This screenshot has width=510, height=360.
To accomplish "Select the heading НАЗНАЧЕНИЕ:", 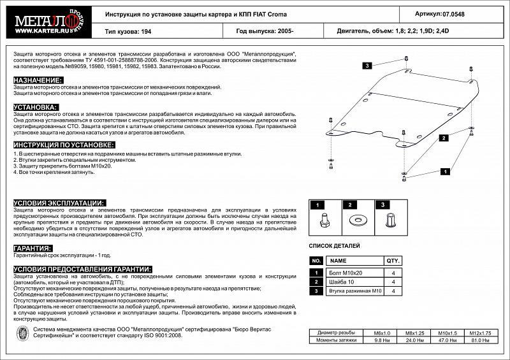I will [x=38, y=80].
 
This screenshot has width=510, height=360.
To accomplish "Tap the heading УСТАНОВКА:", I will [x=36, y=107].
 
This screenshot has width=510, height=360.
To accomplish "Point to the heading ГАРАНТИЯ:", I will [x=33, y=248].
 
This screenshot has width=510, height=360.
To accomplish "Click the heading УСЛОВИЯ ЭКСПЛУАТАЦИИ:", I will [x=58, y=202].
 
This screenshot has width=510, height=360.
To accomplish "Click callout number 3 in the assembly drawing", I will [x=368, y=66].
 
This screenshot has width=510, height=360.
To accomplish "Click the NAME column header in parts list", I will [x=339, y=261].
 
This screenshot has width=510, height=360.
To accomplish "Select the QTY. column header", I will [x=393, y=261].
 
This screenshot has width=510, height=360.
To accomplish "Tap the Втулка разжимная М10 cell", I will [x=354, y=291].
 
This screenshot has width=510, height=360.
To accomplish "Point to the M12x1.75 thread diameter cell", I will [x=481, y=333].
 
